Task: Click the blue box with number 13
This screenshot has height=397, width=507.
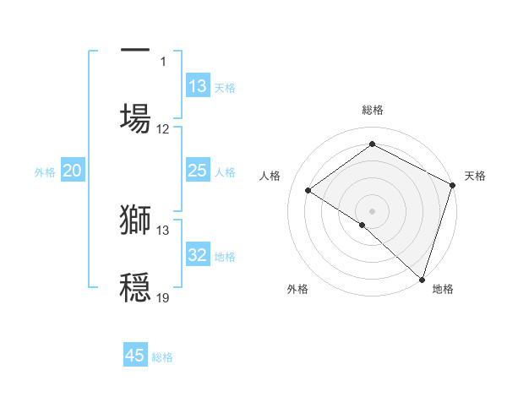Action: (198, 86)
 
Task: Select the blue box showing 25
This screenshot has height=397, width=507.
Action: (198, 171)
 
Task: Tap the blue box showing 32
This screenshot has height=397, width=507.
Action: (198, 255)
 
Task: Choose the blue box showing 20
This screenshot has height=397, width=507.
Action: (73, 171)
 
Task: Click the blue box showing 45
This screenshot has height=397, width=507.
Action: (135, 356)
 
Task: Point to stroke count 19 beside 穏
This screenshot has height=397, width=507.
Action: (163, 297)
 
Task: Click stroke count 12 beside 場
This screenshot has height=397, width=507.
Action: (163, 129)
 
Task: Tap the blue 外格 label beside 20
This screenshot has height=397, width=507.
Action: (45, 171)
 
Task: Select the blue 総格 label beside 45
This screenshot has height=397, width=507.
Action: (162, 356)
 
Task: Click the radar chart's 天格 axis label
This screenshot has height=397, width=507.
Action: (475, 176)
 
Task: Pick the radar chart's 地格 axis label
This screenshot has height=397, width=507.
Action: (443, 289)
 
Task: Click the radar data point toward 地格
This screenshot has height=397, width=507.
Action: (422, 279)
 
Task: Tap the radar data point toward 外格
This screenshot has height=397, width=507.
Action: (362, 225)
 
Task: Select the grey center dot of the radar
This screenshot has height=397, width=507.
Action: (372, 210)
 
